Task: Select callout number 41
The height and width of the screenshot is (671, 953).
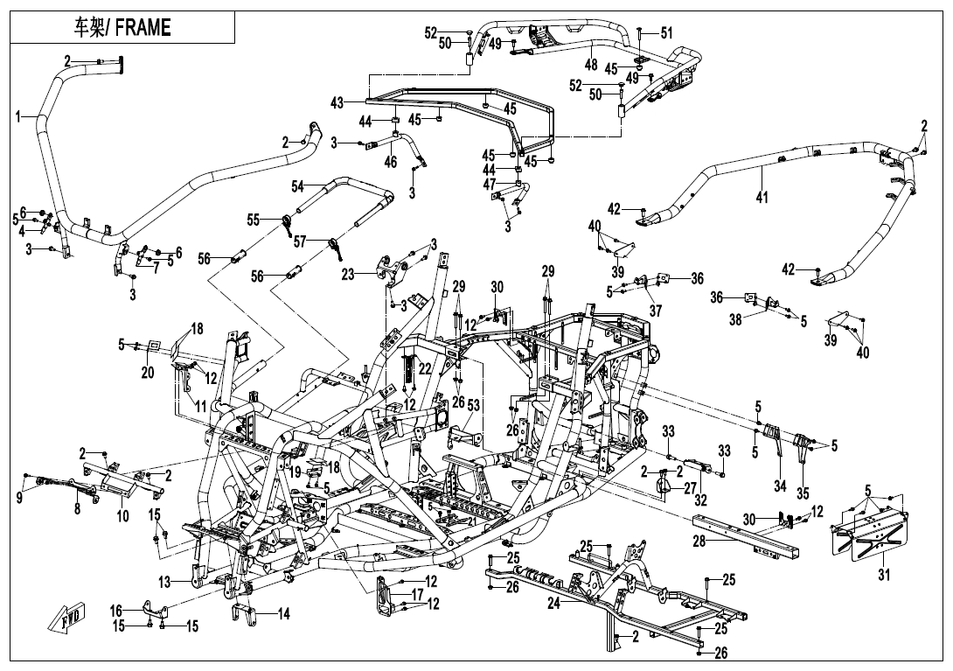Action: [762, 198]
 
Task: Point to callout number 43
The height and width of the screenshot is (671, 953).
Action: [337, 103]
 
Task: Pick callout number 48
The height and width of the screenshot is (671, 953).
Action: [591, 65]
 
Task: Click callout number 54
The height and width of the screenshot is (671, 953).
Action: [298, 186]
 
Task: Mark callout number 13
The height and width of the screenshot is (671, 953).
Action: [165, 582]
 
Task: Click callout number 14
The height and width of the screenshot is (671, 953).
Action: [282, 614]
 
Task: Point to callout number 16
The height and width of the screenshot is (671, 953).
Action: [116, 610]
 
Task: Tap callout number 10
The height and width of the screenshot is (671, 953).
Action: [122, 515]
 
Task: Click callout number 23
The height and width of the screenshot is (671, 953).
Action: [348, 274]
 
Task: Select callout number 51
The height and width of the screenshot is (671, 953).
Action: [667, 33]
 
